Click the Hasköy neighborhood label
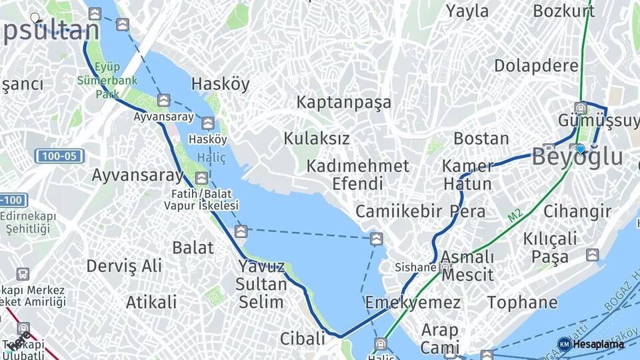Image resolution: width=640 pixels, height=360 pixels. coord(220,84)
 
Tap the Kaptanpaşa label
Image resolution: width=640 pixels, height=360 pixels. coord(343,103)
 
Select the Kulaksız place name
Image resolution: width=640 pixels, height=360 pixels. coord(317,139)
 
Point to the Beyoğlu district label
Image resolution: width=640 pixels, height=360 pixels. coord(577,158)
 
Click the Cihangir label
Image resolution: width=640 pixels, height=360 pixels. coord(577,212)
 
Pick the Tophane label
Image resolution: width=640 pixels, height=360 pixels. coord(522,303)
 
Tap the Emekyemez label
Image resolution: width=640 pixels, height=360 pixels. coord(412,303)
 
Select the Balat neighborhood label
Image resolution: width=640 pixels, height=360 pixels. coord(193,248)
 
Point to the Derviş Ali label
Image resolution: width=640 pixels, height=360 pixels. coord(124,266)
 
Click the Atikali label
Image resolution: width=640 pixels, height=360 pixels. coord(151,301)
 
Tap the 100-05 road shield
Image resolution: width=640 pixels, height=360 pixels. coord(59,157)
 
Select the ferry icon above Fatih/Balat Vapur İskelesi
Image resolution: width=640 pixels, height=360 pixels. coord(201,178)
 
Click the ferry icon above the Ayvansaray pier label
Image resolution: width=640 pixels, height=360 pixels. coord(164,101)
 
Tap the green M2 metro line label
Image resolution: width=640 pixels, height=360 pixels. coord(515,215)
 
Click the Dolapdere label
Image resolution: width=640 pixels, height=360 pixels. coord(536,66)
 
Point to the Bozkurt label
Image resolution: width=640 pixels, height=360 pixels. coord(563,11)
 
